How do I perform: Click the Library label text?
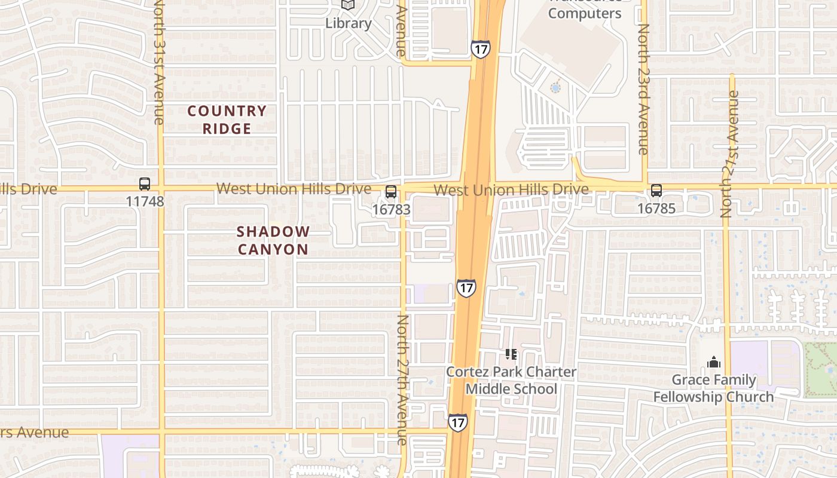[x=348, y=23]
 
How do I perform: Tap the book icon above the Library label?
[x=348, y=5]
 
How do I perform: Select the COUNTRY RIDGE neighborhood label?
[x=227, y=119]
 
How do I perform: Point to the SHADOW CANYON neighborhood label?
[x=273, y=240]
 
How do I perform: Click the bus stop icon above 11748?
[x=145, y=184]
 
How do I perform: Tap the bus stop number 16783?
[x=391, y=209]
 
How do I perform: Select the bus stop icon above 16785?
[x=656, y=191]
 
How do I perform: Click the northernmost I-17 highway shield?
[x=480, y=48]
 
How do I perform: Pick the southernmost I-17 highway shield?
[x=457, y=422]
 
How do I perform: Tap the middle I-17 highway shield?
[x=466, y=288]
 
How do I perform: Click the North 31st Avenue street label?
[x=158, y=62]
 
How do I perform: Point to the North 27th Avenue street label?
[x=402, y=379]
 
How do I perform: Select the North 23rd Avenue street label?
[x=643, y=90]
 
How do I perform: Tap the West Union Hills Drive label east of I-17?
[x=511, y=190]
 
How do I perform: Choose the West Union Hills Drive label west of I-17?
[x=294, y=189]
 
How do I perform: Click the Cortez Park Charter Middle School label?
[x=511, y=380]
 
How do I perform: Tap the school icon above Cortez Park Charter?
[x=511, y=354]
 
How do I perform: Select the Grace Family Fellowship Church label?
[x=713, y=388]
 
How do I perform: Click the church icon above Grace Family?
[x=713, y=362]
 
